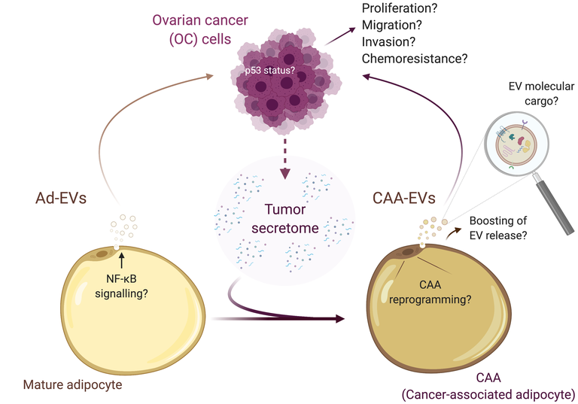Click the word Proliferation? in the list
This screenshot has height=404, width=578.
[x=399, y=8]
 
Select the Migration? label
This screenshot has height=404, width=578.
[x=392, y=25]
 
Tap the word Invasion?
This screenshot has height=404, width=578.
[x=388, y=41]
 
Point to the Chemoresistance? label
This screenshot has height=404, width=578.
[x=415, y=59]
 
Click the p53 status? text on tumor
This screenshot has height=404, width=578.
[x=270, y=71]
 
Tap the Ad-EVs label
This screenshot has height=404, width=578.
[x=61, y=199]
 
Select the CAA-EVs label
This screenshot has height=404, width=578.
[x=404, y=199]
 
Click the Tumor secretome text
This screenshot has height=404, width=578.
[x=285, y=219]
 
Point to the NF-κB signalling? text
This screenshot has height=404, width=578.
[x=121, y=286]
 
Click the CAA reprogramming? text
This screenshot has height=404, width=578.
[x=430, y=292]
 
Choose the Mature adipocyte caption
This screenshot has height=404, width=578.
[x=72, y=385]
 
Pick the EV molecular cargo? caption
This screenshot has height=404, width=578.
[x=541, y=93]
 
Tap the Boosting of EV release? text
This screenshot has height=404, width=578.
[x=498, y=228]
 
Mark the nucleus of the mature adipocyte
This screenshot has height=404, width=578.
[x=102, y=254]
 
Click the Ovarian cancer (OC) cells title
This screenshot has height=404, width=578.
[x=200, y=29]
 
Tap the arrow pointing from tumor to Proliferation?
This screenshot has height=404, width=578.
[x=340, y=37]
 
